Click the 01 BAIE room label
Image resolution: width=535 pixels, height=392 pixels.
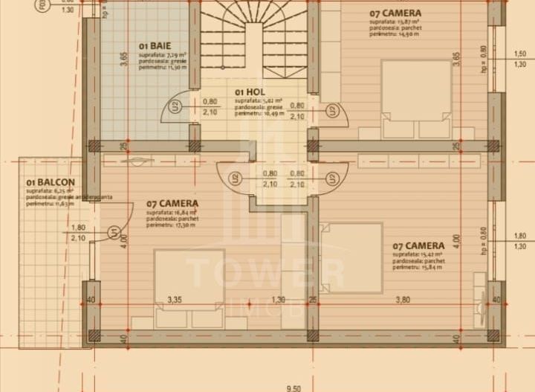(149, 45)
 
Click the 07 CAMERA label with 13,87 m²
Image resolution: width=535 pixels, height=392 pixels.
(395, 13)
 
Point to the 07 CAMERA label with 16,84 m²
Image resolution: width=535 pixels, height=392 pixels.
(172, 203)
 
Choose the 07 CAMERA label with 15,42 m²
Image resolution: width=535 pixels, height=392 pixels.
(419, 245)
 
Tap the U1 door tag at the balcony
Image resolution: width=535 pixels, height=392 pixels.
(113, 233)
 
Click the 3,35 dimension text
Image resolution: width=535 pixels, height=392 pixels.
(175, 300)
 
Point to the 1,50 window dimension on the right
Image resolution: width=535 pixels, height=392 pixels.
(520, 54)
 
